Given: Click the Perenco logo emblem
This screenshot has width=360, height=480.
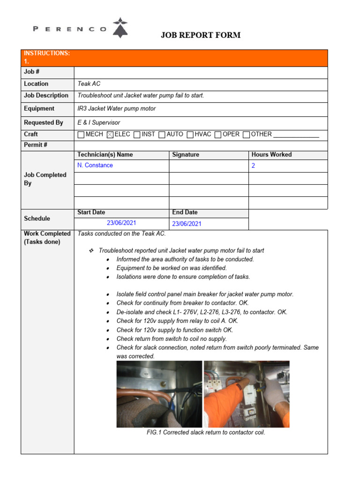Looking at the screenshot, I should pyautogui.click(x=121, y=28).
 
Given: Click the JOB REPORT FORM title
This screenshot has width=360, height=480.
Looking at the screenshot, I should pyautogui.click(x=201, y=35).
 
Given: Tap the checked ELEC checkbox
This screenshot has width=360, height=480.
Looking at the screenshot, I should pyautogui.click(x=110, y=135).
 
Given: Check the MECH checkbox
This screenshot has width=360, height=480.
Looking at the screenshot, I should pyautogui.click(x=81, y=135).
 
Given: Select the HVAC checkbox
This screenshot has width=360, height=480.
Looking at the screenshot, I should pyautogui.click(x=190, y=135).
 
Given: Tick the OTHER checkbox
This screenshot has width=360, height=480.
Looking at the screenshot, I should pyautogui.click(x=247, y=135).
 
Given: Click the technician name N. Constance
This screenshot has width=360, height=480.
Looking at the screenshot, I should pyautogui.click(x=95, y=165).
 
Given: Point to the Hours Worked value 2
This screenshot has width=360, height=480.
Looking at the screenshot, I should pyautogui.click(x=254, y=166).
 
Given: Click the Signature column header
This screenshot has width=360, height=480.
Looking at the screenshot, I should pyautogui.click(x=186, y=155).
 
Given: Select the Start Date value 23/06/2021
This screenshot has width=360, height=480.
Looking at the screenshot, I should pyautogui.click(x=121, y=223).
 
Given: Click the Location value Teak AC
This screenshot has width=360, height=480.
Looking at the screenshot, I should pyautogui.click(x=89, y=84).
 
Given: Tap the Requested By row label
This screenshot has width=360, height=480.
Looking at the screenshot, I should pyautogui.click(x=44, y=122).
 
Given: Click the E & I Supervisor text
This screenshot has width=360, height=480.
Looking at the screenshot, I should pyautogui.click(x=99, y=122).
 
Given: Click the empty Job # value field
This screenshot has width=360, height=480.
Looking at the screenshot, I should pyautogui.click(x=201, y=72).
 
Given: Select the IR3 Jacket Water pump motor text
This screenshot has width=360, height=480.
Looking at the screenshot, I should pyautogui.click(x=117, y=108).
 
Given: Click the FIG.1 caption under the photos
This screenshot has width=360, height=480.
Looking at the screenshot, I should pyautogui.click(x=206, y=432).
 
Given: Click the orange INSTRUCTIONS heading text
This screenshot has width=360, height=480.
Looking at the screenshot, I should pyautogui.click(x=47, y=53).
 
